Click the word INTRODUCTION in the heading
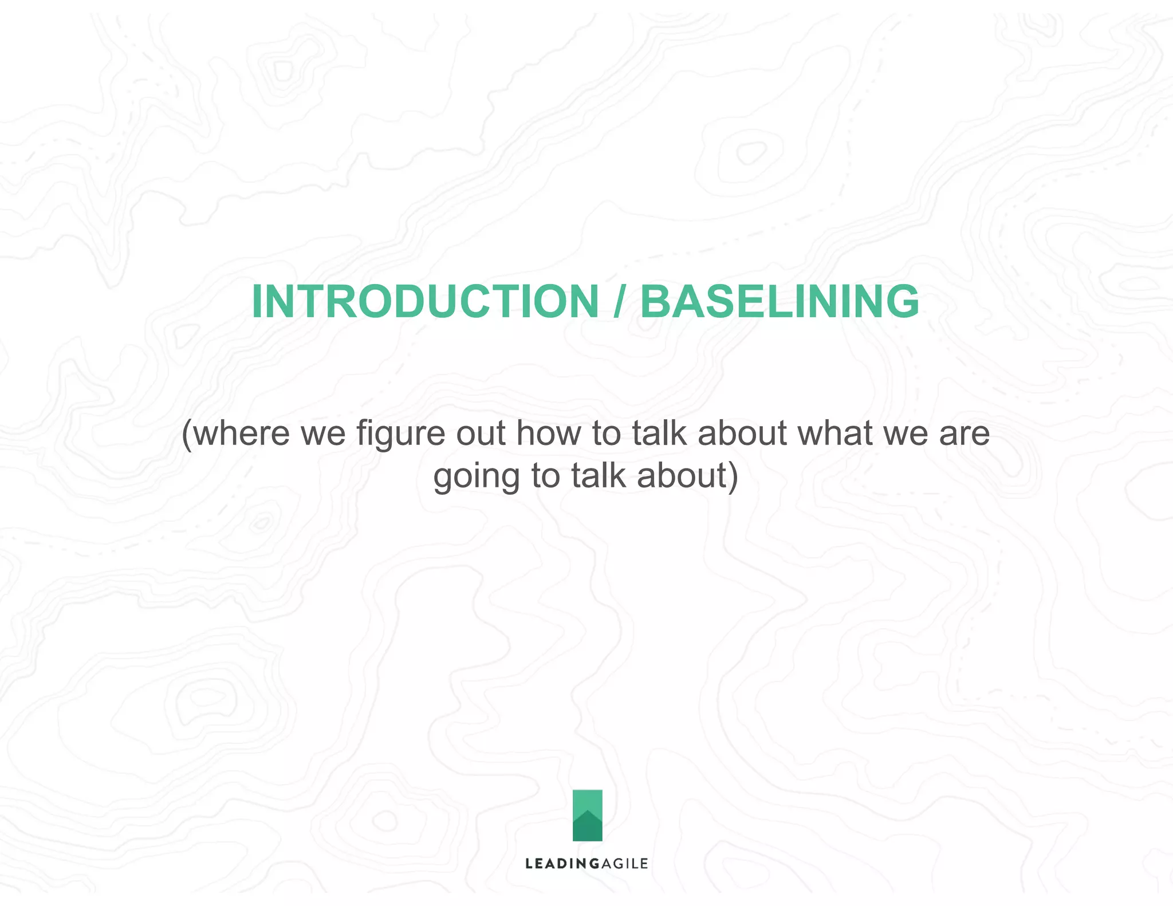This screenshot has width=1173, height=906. point(425,302)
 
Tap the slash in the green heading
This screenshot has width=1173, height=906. point(619,302)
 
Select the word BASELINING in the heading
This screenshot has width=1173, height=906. point(779,302)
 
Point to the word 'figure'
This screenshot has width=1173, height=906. point(400,434)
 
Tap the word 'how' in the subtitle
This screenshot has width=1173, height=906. point(549,433)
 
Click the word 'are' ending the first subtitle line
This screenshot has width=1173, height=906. point(965,433)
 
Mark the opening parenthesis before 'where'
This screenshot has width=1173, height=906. point(186,434)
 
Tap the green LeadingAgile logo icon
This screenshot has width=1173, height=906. point(587,815)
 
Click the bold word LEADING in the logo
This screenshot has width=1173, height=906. point(554,864)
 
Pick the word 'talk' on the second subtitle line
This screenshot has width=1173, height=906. point(598,475)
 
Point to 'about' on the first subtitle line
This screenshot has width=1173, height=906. point(742,433)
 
